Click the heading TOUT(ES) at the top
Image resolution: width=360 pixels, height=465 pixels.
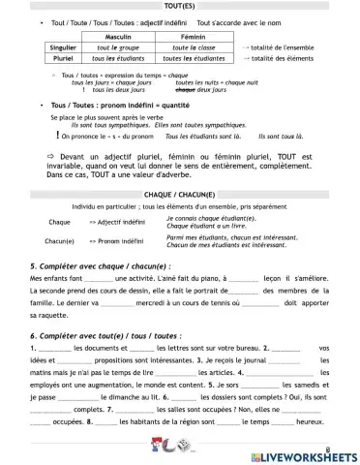pos(180,6)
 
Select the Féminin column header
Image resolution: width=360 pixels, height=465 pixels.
pos(196,34)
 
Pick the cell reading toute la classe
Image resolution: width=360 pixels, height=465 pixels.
pos(196,46)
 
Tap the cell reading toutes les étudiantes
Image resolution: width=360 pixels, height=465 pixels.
pos(196,57)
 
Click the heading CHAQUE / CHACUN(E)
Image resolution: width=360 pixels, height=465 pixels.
pos(180,194)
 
